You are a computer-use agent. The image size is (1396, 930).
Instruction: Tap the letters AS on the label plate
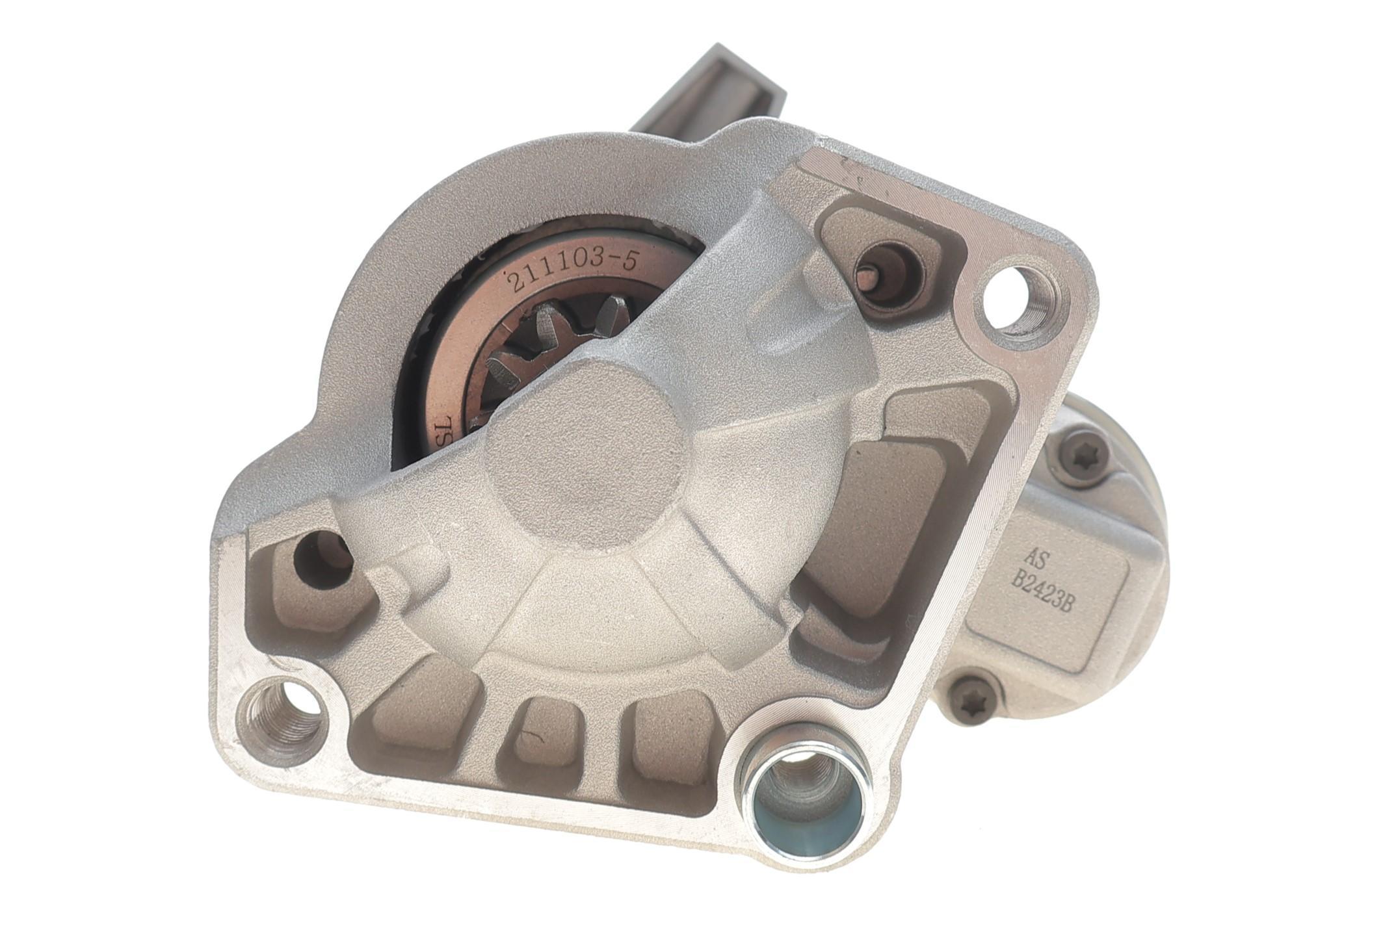click(1034, 557)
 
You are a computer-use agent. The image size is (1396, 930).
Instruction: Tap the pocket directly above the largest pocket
click(936, 416)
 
